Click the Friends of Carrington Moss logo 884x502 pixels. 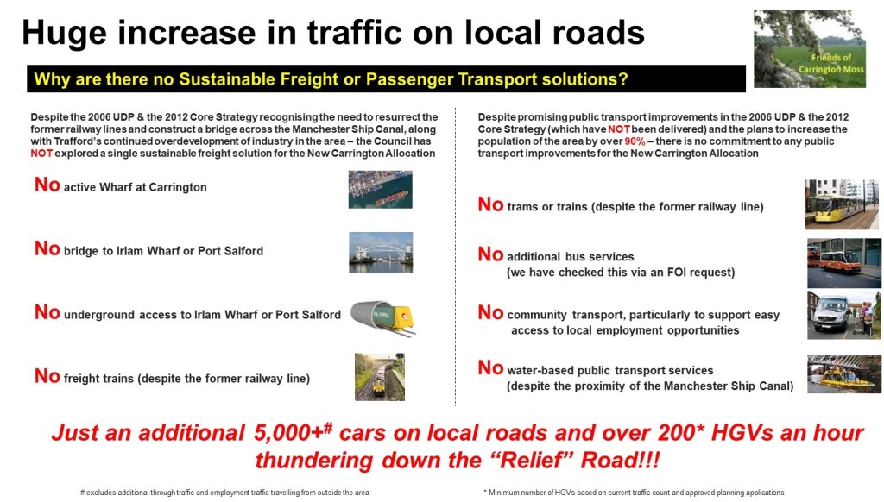pos(810,49)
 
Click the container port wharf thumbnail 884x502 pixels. pos(380,189)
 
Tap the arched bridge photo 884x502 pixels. pos(381,253)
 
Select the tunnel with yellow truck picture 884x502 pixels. pos(383,318)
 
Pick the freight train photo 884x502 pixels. pos(380,377)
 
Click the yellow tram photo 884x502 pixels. pos(841,204)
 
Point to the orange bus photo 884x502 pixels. pos(844,263)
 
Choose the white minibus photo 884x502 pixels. pos(844,315)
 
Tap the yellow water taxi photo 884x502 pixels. pos(844,373)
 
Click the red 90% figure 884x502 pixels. pos(635,141)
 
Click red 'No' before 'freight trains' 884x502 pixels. pos(47,376)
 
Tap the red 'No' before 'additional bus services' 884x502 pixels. pos(490,254)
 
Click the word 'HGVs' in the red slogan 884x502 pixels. pos(742,433)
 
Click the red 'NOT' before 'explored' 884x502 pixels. pos(41,154)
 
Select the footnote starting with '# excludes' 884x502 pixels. pos(224,493)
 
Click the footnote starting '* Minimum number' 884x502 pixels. pos(634,493)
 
